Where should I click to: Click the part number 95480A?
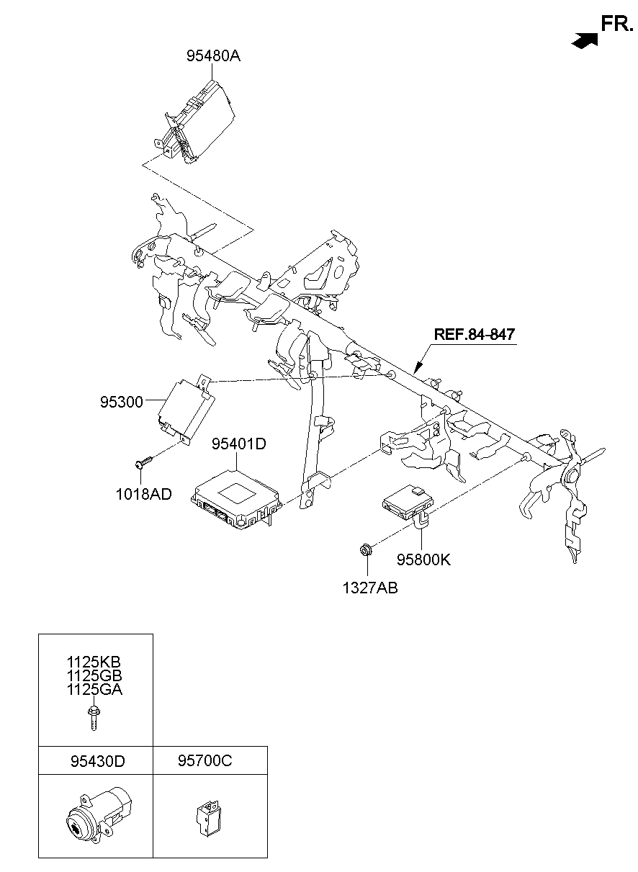click(x=213, y=55)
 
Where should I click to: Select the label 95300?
click(x=122, y=401)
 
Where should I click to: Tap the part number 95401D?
click(x=238, y=444)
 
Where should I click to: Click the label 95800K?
click(x=423, y=559)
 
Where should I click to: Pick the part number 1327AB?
click(x=370, y=588)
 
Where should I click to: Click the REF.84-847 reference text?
click(x=474, y=334)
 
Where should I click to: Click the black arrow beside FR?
click(x=585, y=41)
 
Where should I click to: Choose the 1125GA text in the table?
click(x=95, y=689)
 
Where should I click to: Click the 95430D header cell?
click(x=96, y=760)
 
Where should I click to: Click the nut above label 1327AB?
click(x=365, y=551)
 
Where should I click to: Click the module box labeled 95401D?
click(x=234, y=497)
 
